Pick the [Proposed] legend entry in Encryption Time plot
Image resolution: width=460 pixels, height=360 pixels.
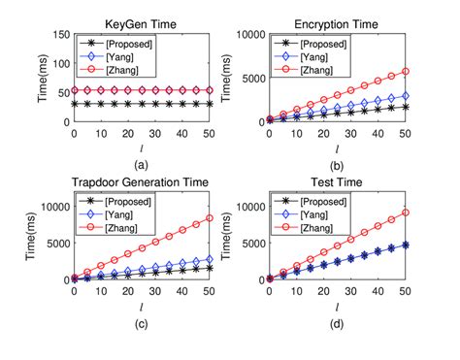point(308,44)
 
